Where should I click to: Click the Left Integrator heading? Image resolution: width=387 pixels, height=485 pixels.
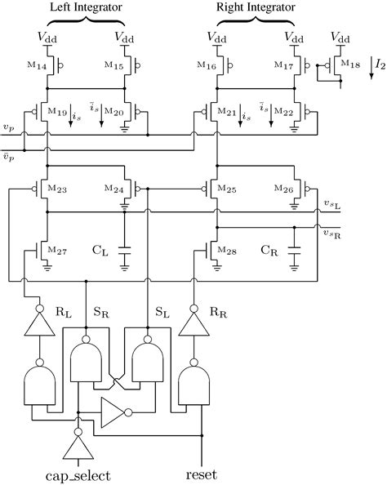(87, 7)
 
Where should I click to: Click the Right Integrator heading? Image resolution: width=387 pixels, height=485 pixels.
(255, 7)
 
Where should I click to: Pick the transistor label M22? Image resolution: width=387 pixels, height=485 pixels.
(282, 111)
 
